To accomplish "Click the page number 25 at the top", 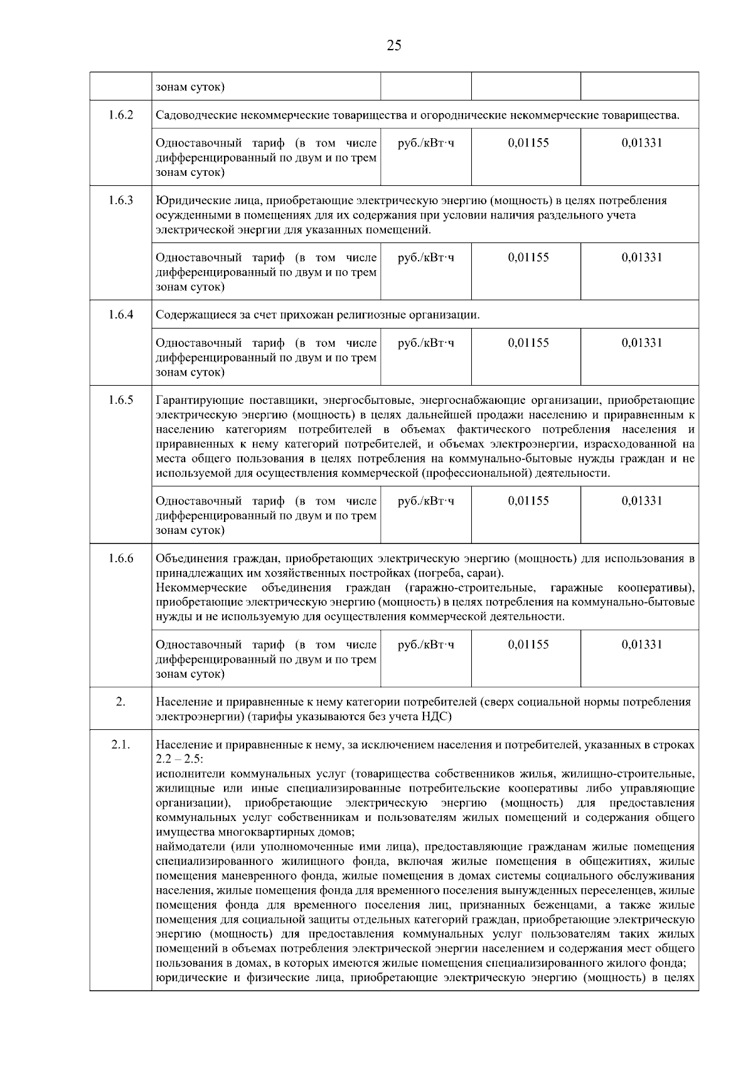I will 394,45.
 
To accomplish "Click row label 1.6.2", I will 120,115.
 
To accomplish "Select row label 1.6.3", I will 120,200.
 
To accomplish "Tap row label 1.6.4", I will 120,314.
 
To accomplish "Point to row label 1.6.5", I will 120,400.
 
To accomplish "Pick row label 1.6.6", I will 120,558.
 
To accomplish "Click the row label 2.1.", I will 120,744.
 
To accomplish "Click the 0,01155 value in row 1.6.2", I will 528,143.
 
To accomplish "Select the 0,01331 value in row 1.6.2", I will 641,143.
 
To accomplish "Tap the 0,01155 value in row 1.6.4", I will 528,343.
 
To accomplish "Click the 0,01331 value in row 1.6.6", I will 641,644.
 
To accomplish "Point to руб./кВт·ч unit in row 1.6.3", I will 426,258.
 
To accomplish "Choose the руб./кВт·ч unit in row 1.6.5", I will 426,501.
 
